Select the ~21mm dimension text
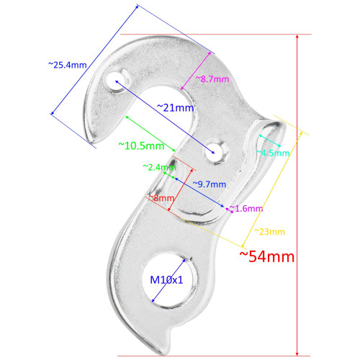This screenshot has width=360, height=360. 176,107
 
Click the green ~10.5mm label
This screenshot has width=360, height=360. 142,145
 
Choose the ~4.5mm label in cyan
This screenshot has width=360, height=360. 274,153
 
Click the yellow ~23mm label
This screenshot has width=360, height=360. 269,231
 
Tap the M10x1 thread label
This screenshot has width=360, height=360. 167,279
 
